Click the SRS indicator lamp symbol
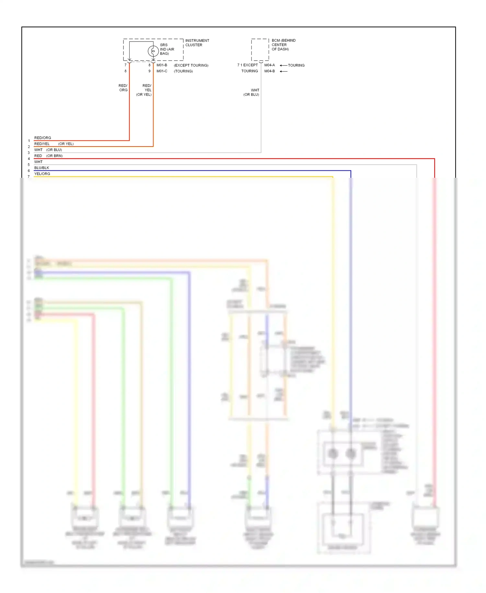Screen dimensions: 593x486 (153, 51)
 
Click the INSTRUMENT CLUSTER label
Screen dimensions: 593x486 (197, 43)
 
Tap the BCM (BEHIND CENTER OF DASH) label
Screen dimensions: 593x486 (283, 45)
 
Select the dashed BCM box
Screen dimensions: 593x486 (260, 50)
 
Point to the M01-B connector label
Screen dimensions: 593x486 (162, 65)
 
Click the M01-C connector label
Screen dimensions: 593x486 (162, 71)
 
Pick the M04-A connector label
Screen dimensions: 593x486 (270, 65)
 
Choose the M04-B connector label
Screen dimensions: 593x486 (270, 71)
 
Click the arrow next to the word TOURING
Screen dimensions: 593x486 (283, 66)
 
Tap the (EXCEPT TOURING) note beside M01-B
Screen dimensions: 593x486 (191, 65)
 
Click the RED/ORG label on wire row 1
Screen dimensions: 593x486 (43, 138)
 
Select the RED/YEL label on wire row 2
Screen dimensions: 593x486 (42, 144)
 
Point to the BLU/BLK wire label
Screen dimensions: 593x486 (42, 168)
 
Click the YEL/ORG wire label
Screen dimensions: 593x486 (42, 174)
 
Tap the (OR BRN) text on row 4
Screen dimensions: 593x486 (54, 156)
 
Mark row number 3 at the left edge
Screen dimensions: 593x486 (29, 153)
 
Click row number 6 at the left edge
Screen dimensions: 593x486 (29, 171)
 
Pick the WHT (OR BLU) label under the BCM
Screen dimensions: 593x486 (252, 92)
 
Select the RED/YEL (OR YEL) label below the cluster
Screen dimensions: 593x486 (144, 90)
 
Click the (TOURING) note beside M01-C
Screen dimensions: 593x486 (183, 71)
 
